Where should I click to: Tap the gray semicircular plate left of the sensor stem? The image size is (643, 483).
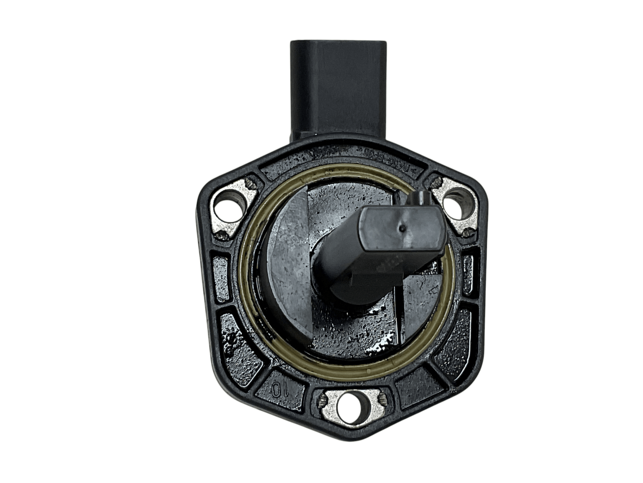[291, 265]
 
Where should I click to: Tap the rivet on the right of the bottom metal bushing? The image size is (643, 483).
[382, 400]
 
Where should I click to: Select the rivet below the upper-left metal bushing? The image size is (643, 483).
[222, 236]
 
